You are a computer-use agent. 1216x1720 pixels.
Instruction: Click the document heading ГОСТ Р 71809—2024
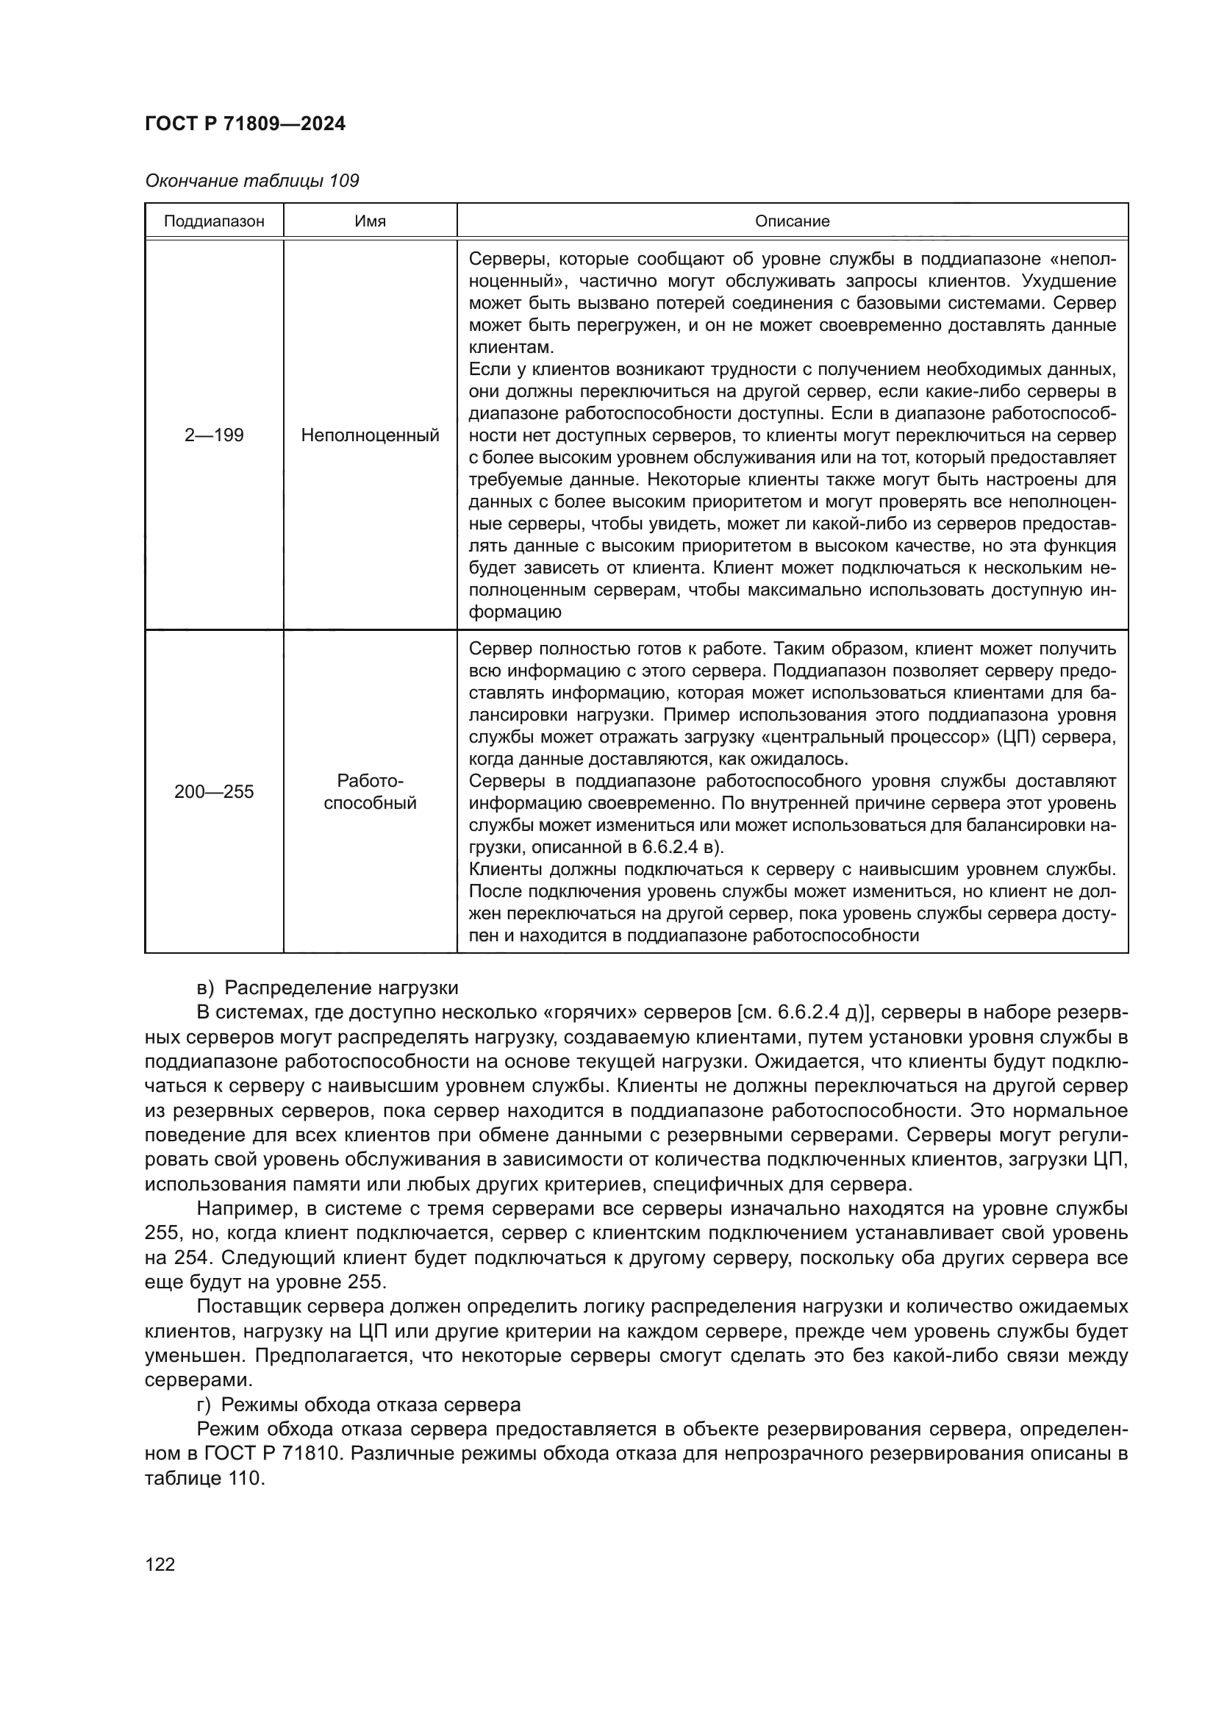tap(245, 124)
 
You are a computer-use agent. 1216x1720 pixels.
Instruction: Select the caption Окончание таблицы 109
tap(251, 181)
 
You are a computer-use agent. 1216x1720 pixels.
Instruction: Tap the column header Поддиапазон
tap(213, 221)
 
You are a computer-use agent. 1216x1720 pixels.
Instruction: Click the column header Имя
tap(370, 221)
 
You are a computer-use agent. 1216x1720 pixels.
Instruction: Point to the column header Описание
tap(792, 221)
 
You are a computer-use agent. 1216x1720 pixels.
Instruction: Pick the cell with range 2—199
tap(213, 435)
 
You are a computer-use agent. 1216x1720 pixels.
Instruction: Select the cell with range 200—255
tap(213, 792)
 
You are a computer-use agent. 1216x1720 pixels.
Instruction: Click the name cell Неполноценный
tap(370, 435)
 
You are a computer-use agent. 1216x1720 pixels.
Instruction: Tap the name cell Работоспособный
tap(370, 792)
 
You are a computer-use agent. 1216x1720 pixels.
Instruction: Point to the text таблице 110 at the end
tap(204, 1478)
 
